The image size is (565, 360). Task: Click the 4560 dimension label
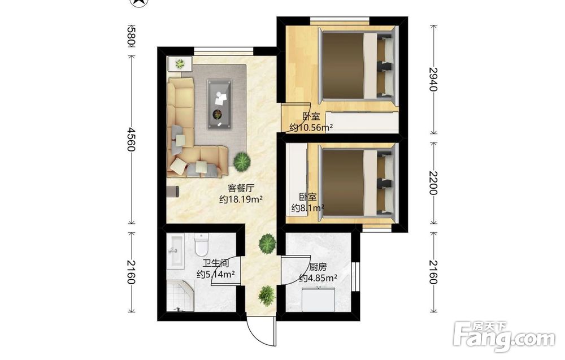[131, 139]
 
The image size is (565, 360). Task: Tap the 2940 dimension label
[433, 79]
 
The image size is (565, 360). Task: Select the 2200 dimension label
[433, 183]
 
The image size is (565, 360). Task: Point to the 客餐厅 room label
[241, 188]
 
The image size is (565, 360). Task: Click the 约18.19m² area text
[241, 199]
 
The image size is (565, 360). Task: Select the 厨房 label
[318, 267]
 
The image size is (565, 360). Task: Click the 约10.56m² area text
[311, 128]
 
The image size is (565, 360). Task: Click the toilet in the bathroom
[201, 244]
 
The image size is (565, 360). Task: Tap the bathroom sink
[176, 251]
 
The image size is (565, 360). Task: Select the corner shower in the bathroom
[180, 297]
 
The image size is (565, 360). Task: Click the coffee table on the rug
[219, 105]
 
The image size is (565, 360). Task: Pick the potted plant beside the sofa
[242, 162]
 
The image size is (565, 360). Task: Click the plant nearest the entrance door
[267, 296]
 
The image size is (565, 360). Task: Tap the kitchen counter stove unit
[319, 299]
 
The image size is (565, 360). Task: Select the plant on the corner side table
[180, 64]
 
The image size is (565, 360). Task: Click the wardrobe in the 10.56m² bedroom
[362, 122]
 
